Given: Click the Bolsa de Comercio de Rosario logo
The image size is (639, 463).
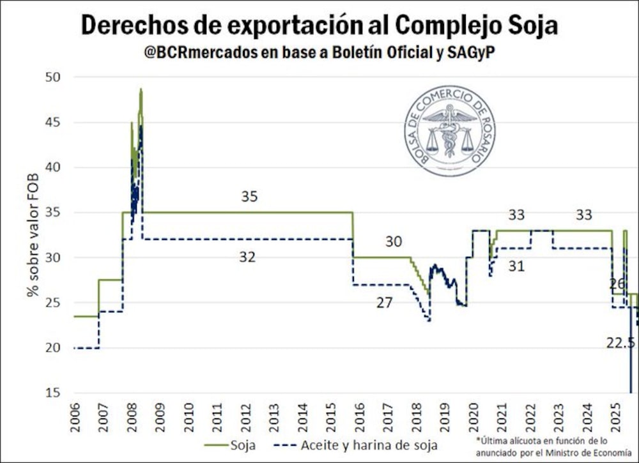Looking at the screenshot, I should (x=450, y=130).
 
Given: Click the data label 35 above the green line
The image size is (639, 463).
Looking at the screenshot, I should (x=249, y=197).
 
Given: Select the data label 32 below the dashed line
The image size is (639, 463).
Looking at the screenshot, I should (x=247, y=257).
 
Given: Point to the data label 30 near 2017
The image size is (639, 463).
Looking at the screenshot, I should (x=394, y=242).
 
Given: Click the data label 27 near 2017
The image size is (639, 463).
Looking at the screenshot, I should (x=384, y=303).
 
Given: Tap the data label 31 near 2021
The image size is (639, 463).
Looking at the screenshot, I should (x=516, y=266).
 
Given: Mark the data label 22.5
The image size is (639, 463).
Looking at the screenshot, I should (x=620, y=343).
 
